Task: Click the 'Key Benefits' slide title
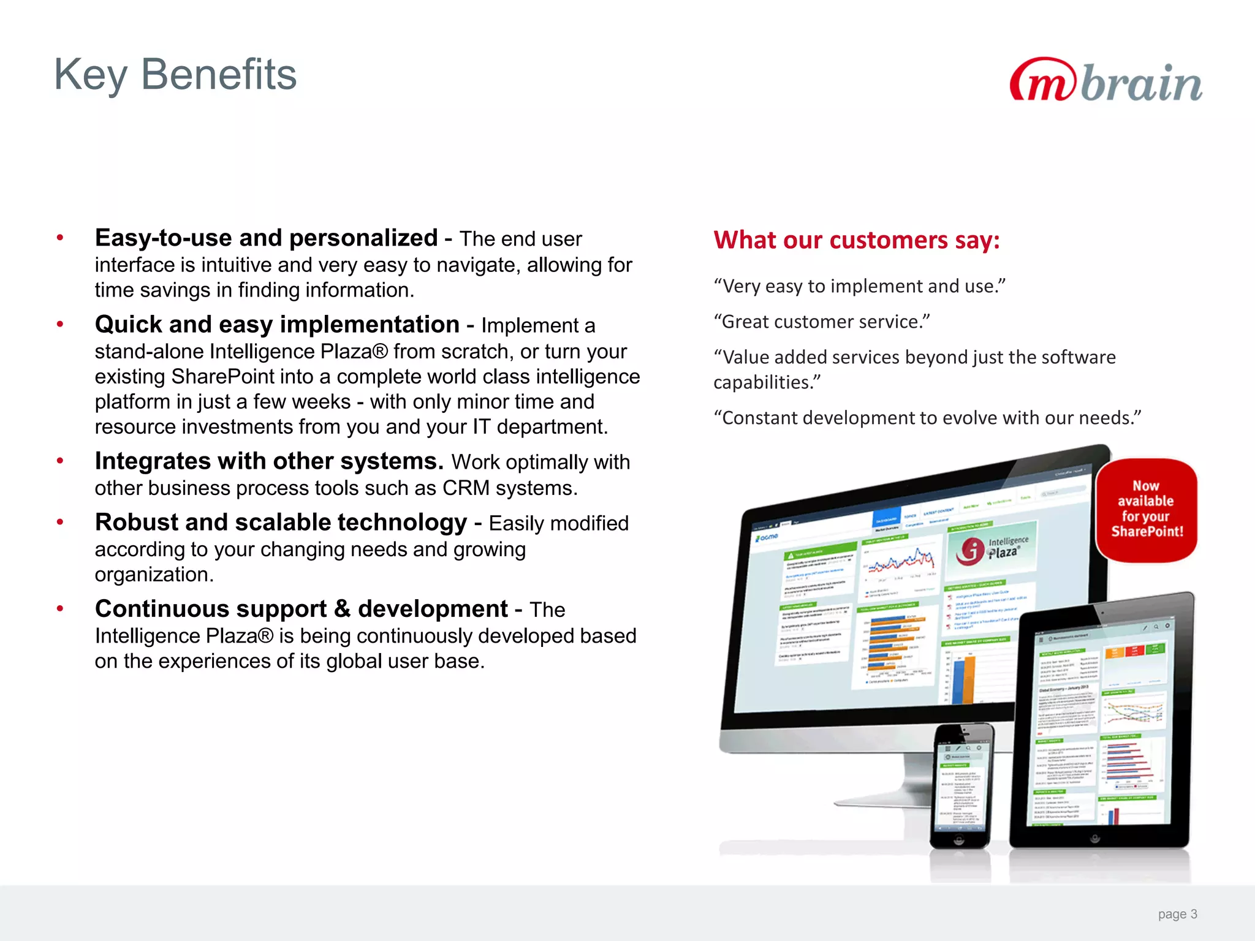175,75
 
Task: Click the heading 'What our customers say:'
856,240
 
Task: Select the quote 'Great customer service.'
822,322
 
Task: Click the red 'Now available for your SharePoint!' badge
1146,509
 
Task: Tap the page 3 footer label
1177,914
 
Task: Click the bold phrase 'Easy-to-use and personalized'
266,238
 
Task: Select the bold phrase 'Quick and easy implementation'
277,325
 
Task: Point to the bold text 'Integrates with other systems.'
269,461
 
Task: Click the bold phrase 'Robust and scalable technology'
281,523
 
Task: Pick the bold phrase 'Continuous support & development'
301,609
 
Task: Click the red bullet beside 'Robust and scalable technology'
60,523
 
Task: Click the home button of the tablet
1095,838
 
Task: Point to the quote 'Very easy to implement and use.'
859,286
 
